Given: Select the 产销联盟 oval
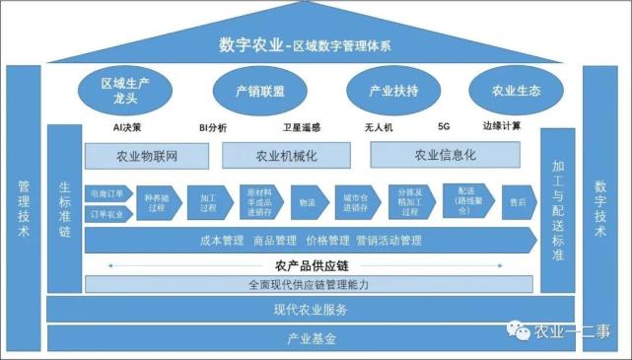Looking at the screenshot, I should point(260,91).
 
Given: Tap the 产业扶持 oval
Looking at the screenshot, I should point(393,91).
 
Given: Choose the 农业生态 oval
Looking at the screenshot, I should point(516,91).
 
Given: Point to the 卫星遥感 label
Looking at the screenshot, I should point(300,127).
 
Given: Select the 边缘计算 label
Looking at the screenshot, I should point(502,126).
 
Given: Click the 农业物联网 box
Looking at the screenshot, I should point(148,156).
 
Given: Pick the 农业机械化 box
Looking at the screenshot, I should point(286,156).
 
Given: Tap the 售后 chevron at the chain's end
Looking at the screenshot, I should point(518,202).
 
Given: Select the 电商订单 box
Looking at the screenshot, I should point(105,192).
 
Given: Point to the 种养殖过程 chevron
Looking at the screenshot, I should point(157,202).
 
